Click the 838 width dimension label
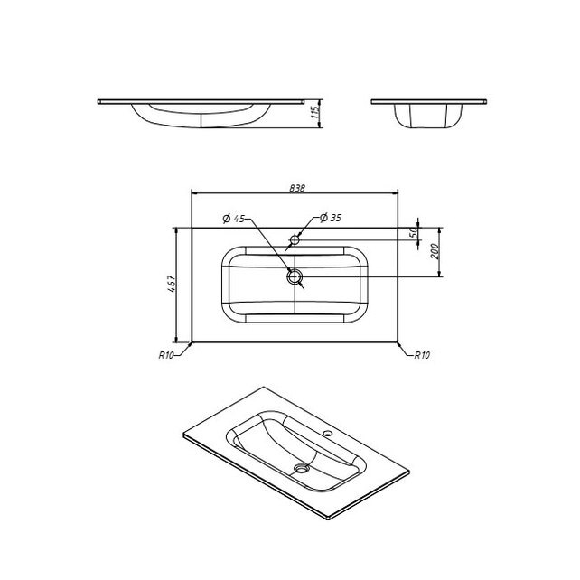[x=297, y=188]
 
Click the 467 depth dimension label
[x=172, y=284]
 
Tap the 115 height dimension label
[x=315, y=112]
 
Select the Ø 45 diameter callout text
[x=234, y=219]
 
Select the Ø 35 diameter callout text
[x=331, y=218]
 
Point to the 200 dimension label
[x=435, y=251]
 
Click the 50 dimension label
[x=415, y=232]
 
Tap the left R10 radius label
[x=166, y=355]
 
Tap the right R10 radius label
[x=422, y=355]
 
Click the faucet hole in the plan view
[x=295, y=239]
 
